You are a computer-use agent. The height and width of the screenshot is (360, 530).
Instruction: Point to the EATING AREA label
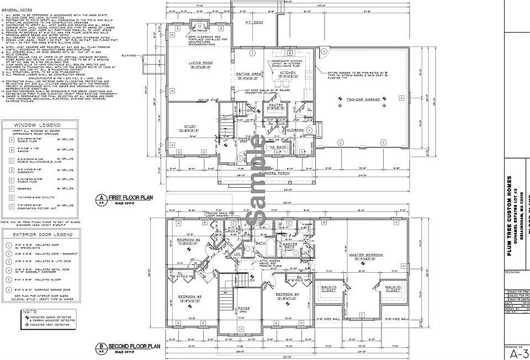click(x=248, y=73)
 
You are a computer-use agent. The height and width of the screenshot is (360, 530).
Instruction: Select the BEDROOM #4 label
click(x=287, y=294)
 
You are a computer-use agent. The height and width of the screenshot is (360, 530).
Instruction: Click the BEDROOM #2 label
click(x=188, y=240)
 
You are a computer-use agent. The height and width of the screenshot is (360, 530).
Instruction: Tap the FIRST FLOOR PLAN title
click(x=130, y=197)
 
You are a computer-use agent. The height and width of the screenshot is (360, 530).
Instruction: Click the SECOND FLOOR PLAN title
click(x=134, y=346)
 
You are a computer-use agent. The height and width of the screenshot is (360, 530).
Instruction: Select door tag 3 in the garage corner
click(x=325, y=51)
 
